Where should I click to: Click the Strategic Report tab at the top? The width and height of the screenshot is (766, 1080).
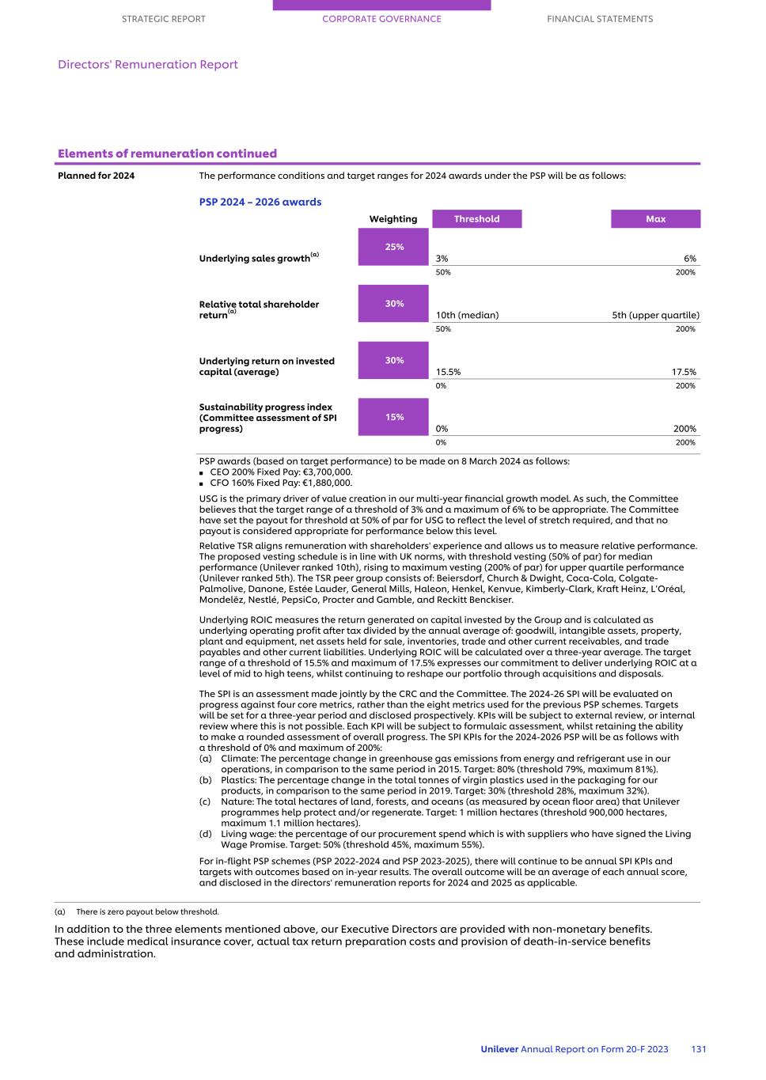tap(163, 19)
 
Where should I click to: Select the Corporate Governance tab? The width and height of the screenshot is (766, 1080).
tap(381, 19)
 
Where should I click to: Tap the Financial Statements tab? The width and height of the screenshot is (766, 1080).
tap(600, 19)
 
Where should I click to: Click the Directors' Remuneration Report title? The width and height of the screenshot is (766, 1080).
tap(148, 65)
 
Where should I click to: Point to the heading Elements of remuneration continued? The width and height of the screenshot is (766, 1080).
tap(167, 153)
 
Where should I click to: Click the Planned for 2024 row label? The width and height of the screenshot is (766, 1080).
tap(96, 176)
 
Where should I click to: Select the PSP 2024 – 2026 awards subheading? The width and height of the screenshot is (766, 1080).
tap(260, 202)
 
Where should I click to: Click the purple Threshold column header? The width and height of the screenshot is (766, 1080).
tap(476, 219)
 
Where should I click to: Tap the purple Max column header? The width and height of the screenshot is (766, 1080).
tap(655, 219)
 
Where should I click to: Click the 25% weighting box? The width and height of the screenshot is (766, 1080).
tap(394, 247)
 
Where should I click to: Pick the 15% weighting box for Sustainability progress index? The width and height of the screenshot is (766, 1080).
tap(394, 417)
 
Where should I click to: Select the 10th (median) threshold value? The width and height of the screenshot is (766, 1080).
tap(467, 315)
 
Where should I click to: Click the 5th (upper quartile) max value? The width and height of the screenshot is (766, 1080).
tap(655, 315)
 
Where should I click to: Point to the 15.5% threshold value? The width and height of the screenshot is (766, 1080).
tap(448, 372)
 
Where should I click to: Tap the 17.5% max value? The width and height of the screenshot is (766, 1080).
tap(684, 372)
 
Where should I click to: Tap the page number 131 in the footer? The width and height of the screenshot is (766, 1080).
tap(699, 1049)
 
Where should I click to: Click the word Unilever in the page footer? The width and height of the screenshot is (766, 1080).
tap(499, 1049)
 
